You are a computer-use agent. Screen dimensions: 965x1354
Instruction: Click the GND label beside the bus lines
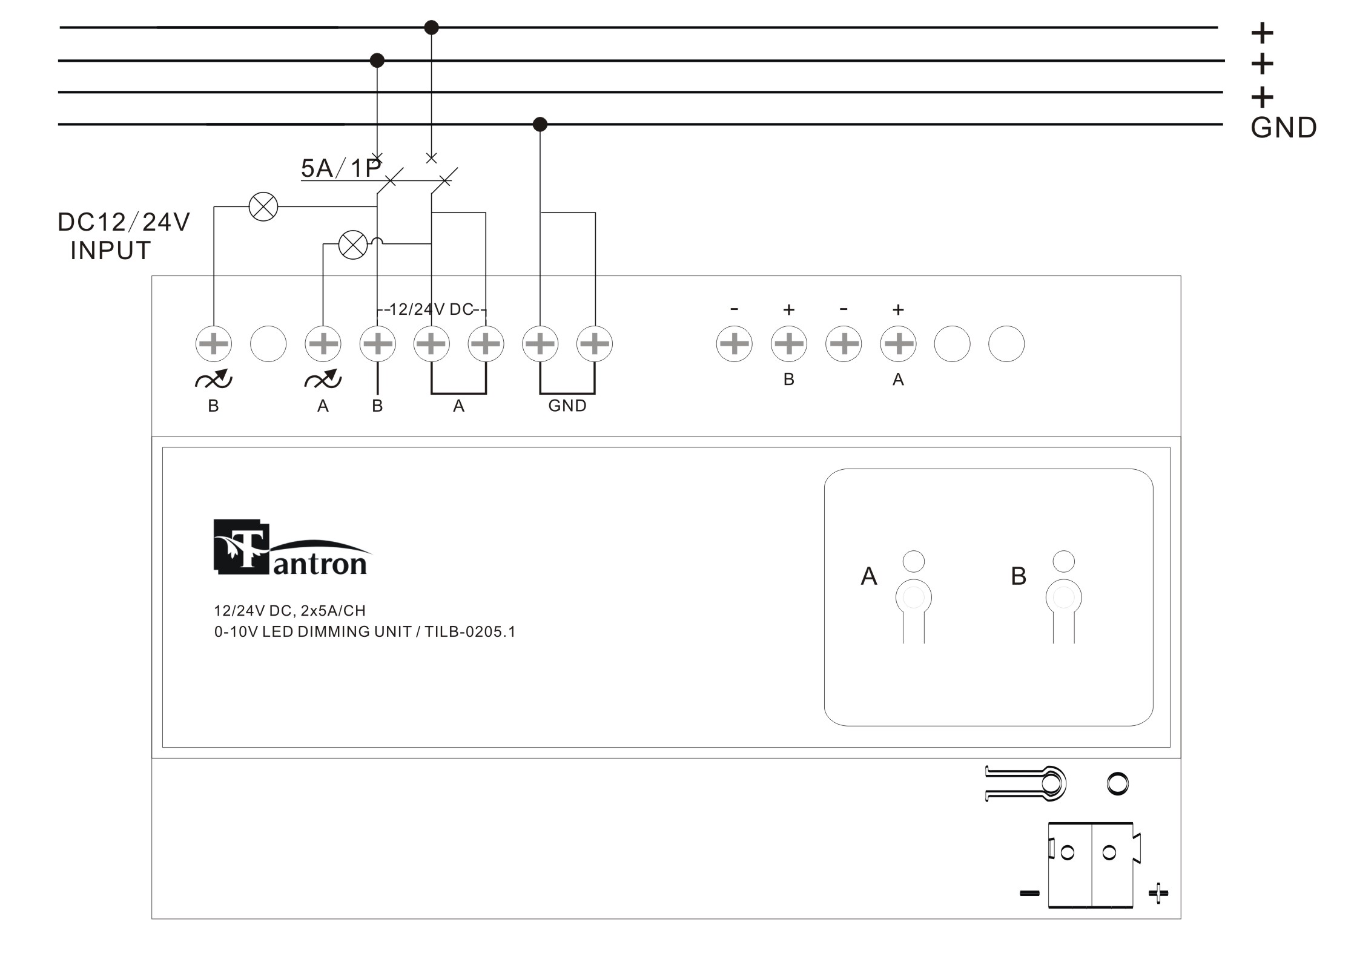[1283, 128]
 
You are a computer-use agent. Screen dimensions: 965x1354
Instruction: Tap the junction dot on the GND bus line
[540, 124]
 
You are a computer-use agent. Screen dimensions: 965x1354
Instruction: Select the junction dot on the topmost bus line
[431, 27]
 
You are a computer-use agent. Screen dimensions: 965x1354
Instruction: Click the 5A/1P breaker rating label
[341, 168]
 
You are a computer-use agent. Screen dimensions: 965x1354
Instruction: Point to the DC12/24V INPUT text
[124, 236]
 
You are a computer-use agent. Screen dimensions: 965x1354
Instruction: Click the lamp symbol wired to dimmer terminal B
[263, 206]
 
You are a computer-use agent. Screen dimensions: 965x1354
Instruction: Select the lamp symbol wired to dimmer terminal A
[352, 245]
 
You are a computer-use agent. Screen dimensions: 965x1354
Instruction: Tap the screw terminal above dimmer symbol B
[214, 344]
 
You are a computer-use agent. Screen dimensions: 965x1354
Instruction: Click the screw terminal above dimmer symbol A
[323, 344]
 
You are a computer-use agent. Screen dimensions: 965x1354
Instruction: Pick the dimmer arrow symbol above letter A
[323, 379]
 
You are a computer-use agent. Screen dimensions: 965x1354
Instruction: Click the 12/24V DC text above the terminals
[431, 309]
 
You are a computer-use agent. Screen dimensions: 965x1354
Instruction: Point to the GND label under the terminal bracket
[567, 406]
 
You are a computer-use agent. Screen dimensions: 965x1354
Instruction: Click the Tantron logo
[291, 548]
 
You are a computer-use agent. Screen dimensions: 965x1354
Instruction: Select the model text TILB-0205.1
[470, 632]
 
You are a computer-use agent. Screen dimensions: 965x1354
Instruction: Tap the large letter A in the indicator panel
[869, 576]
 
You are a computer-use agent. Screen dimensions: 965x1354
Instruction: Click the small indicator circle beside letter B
[1064, 561]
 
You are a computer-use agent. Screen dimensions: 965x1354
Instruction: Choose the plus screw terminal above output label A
[897, 344]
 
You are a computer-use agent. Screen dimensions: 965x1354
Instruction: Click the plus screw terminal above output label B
[788, 344]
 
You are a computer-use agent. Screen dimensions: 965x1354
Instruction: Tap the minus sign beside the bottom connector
[1029, 893]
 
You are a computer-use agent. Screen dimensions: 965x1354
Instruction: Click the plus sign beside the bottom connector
[1158, 893]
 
